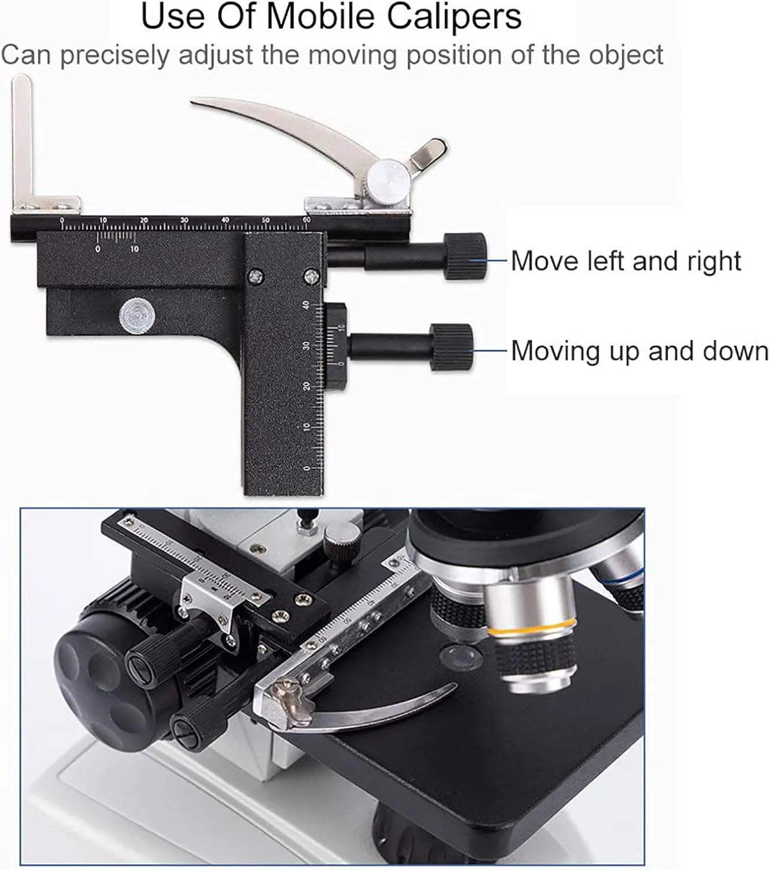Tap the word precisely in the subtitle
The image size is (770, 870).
click(114, 56)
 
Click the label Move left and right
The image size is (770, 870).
click(626, 260)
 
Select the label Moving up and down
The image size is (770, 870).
click(640, 351)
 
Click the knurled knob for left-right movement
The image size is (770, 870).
click(465, 256)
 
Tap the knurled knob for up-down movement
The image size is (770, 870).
click(452, 347)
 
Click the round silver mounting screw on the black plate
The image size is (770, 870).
click(137, 316)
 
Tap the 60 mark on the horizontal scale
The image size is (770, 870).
click(307, 220)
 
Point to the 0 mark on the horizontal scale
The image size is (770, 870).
click(62, 220)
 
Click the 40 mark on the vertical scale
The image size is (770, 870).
click(306, 305)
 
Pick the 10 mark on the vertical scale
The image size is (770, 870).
click(306, 427)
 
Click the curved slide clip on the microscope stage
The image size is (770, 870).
click(369, 713)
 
